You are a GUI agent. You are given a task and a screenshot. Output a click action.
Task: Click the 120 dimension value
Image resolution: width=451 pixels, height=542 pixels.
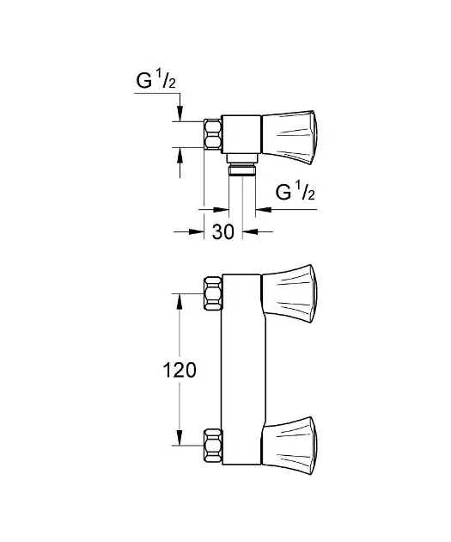pos(180,370)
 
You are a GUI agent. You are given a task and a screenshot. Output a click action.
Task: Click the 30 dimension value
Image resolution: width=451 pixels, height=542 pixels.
pos(222,231)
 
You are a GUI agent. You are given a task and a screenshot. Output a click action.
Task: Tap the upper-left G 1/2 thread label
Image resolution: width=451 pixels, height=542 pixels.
pos(156,81)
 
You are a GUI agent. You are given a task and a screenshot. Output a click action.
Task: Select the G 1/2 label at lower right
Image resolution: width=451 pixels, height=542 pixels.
pos(296,192)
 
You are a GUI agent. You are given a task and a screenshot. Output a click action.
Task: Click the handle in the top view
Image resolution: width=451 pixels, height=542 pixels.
pos(289,138)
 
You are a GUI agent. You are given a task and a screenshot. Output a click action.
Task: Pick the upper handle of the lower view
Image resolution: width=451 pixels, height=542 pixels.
pos(289,294)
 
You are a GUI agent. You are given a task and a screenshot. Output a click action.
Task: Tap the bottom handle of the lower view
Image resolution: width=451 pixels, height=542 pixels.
pos(289,446)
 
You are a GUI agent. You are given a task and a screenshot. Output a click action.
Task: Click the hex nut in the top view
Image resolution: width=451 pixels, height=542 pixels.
pos(212,134)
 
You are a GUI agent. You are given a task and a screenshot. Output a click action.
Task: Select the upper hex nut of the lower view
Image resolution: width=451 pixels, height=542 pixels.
pos(213,293)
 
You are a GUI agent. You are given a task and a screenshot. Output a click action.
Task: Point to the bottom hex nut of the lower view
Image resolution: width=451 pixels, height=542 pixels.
pos(213,446)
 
